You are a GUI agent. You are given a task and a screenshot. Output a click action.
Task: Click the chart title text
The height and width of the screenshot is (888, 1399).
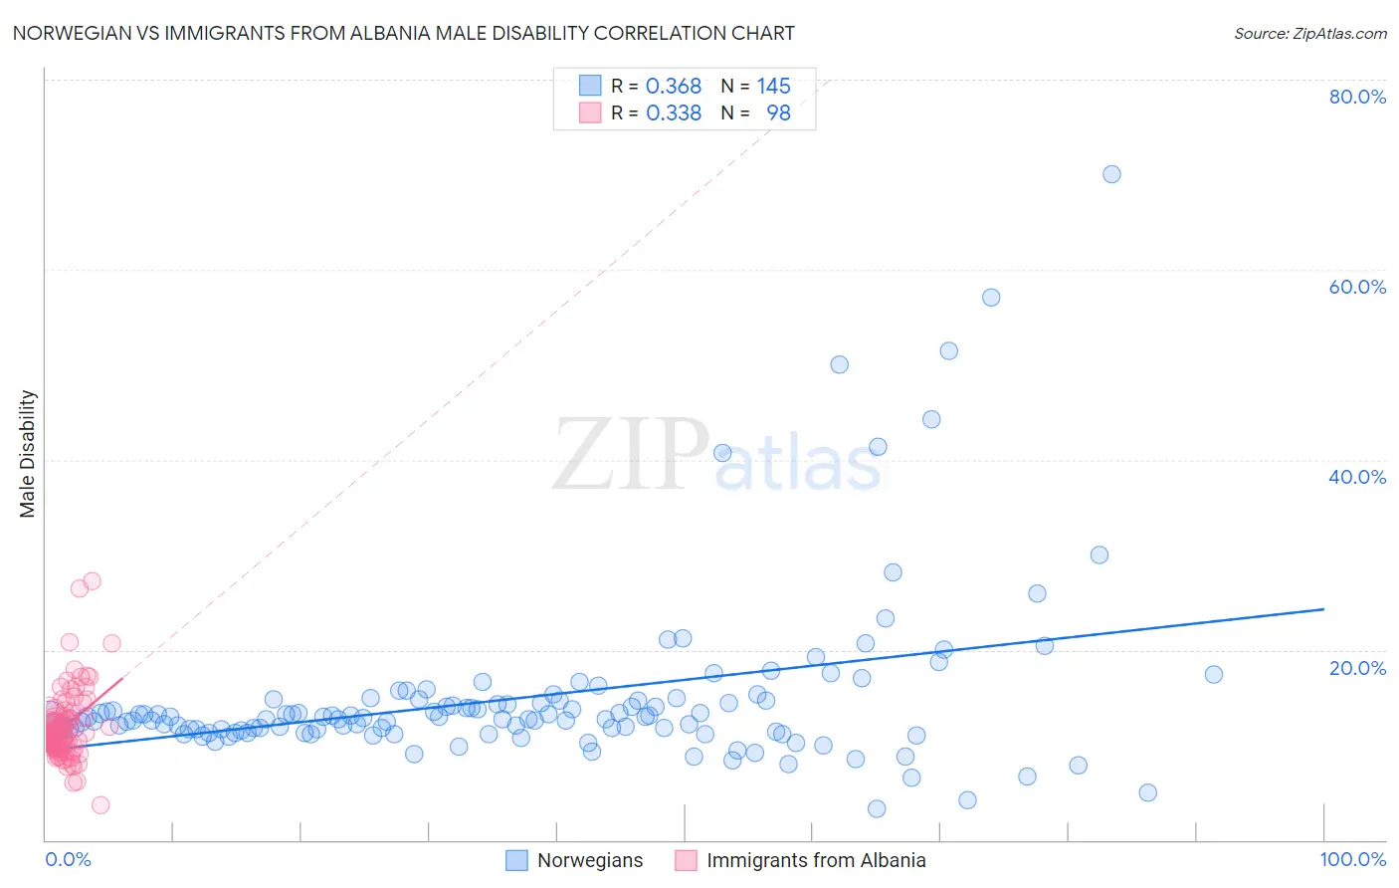[x=403, y=33]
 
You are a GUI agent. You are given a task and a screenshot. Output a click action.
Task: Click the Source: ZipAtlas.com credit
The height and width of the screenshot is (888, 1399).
[x=1309, y=33]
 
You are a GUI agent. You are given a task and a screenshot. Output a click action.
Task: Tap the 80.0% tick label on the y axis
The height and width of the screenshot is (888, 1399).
[x=1357, y=97]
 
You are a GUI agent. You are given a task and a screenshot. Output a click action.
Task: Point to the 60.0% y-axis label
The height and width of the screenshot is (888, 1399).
[x=1357, y=287]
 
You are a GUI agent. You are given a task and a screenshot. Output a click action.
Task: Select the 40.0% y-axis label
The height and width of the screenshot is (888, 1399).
[x=1357, y=477]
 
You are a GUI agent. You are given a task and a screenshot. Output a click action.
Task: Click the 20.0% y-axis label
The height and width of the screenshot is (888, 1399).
[x=1357, y=667]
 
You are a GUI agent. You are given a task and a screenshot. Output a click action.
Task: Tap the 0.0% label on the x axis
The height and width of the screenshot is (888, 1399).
[x=68, y=859]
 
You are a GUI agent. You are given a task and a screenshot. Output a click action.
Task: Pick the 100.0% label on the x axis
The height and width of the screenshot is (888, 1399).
[x=1352, y=859]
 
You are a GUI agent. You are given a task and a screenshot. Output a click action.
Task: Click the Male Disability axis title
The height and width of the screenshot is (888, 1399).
[x=28, y=453]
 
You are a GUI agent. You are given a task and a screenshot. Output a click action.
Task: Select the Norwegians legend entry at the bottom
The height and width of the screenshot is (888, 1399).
[x=590, y=860]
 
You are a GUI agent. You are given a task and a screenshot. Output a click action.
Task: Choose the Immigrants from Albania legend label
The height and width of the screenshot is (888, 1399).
[x=816, y=860]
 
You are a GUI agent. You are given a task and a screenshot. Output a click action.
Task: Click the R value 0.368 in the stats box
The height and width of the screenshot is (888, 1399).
[x=674, y=87]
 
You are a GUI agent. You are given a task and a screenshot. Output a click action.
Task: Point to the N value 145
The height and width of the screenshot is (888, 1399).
[x=773, y=87]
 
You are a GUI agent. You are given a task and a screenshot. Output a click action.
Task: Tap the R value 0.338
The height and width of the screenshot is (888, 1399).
[x=674, y=113]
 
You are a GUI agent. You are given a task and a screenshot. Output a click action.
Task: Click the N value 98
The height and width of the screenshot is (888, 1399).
[x=778, y=113]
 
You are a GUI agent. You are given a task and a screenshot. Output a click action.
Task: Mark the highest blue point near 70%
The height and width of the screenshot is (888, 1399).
[x=1111, y=174]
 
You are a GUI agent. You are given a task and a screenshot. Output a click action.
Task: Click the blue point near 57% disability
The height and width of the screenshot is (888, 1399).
[x=991, y=298]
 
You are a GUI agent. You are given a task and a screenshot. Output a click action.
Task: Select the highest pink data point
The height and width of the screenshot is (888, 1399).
[x=92, y=580]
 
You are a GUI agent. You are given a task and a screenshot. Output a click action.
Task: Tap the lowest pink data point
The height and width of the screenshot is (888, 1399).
[x=100, y=805]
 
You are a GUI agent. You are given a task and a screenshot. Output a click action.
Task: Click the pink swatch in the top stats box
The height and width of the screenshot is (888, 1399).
[x=590, y=113]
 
